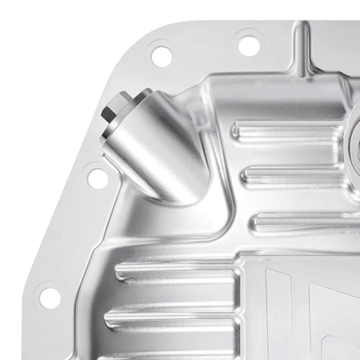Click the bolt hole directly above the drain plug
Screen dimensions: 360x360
(x=161, y=56)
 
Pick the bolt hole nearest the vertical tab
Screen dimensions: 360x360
(x=249, y=42)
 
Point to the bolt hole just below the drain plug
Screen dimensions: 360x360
(x=98, y=178)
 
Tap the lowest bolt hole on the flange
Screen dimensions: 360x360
(x=50, y=297)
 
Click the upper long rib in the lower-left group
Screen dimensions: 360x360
(x=176, y=273)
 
